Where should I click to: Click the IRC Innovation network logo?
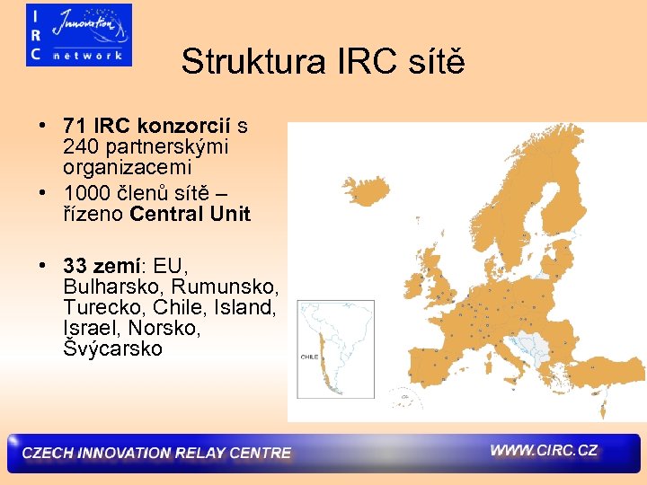point(79,35)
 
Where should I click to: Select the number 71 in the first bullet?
point(75,124)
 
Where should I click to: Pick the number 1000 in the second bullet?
point(86,192)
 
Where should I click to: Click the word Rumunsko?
point(226,287)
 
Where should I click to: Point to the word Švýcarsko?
point(113,349)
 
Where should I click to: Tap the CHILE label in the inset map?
point(308,357)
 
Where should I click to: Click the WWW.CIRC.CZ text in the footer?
point(544,450)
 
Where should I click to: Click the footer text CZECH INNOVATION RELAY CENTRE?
point(156,453)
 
